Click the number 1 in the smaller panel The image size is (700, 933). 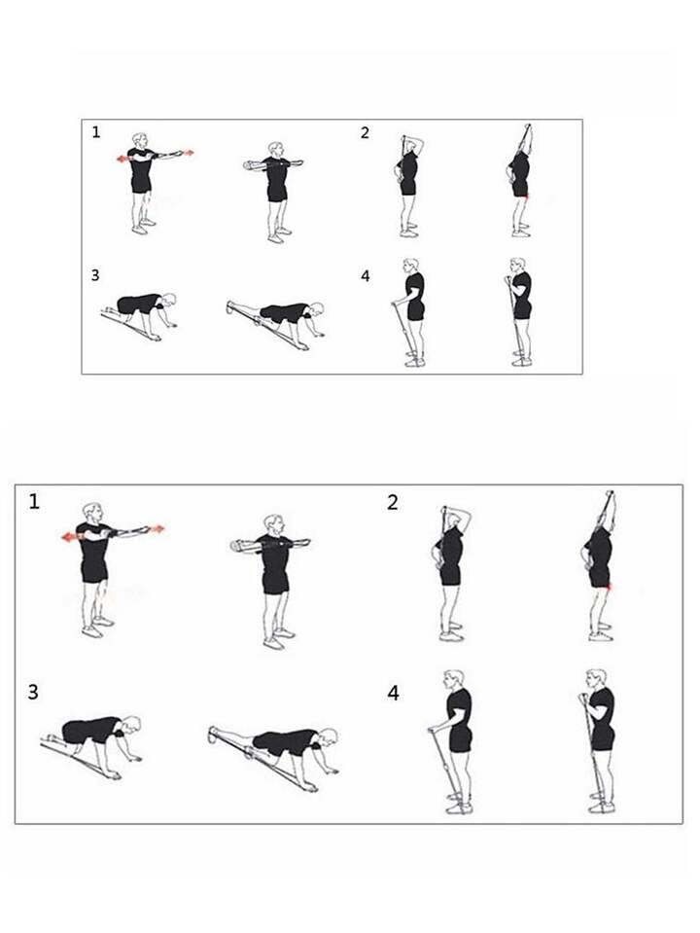(96, 132)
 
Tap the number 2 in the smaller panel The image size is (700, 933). (366, 132)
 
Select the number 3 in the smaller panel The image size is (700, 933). (95, 275)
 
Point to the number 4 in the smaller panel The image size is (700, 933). (366, 276)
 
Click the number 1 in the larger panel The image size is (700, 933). (34, 502)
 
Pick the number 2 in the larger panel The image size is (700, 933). (393, 503)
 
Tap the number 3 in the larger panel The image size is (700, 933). (33, 692)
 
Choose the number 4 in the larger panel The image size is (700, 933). (393, 694)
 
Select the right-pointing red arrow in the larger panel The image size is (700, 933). (156, 528)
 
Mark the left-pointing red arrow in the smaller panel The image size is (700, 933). (123, 159)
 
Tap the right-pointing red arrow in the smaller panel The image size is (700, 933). (188, 153)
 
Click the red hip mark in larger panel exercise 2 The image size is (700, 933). (609, 588)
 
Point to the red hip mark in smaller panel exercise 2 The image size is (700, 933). (526, 196)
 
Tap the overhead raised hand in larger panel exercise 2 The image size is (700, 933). (609, 495)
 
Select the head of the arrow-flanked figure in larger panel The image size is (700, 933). (92, 513)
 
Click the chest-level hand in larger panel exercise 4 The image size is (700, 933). (582, 699)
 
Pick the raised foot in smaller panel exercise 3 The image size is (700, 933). (230, 307)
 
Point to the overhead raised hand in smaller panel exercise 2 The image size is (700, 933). (527, 127)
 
